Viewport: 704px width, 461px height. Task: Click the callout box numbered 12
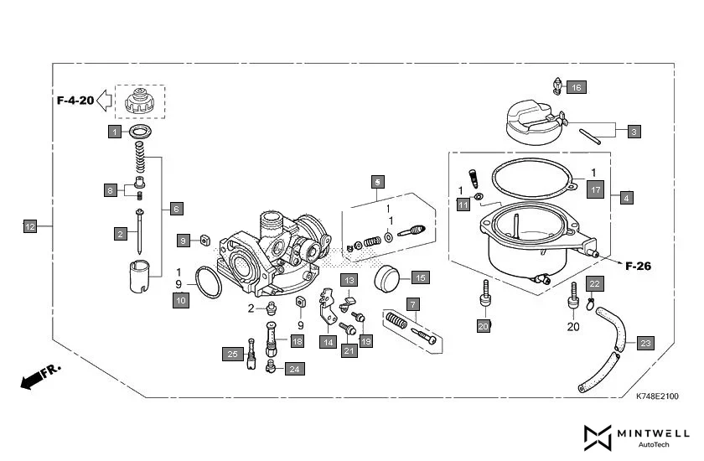pos(29,226)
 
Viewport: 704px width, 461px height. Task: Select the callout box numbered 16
pos(576,87)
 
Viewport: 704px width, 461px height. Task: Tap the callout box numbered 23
pos(645,344)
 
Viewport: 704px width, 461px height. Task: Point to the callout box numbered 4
pos(627,199)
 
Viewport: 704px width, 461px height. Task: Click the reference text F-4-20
pos(75,101)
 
